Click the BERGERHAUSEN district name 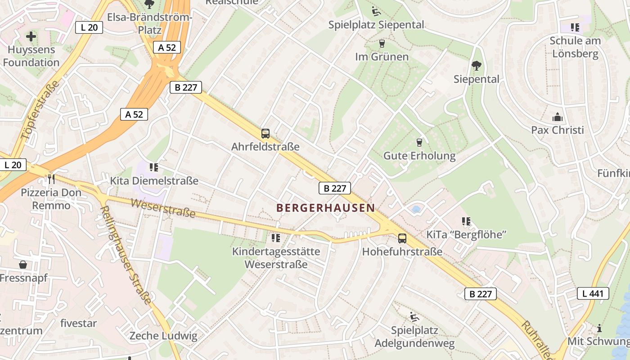(x=325, y=208)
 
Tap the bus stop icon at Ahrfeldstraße (x=265, y=134)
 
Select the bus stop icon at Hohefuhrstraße (x=402, y=238)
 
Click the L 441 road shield (x=593, y=294)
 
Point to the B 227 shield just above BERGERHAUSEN (x=334, y=188)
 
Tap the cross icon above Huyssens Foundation (x=31, y=36)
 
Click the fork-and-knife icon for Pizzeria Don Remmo (x=51, y=179)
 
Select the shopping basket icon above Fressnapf (x=23, y=265)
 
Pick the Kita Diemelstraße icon (x=154, y=167)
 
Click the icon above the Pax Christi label (x=558, y=117)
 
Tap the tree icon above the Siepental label (x=476, y=66)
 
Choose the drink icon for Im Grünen (x=382, y=44)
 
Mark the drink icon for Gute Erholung (x=419, y=143)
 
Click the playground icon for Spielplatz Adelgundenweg (x=414, y=317)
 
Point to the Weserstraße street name (x=163, y=208)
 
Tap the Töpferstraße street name (x=40, y=112)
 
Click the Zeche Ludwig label (x=163, y=336)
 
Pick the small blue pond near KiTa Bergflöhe (x=416, y=209)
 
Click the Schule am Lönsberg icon (x=575, y=27)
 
